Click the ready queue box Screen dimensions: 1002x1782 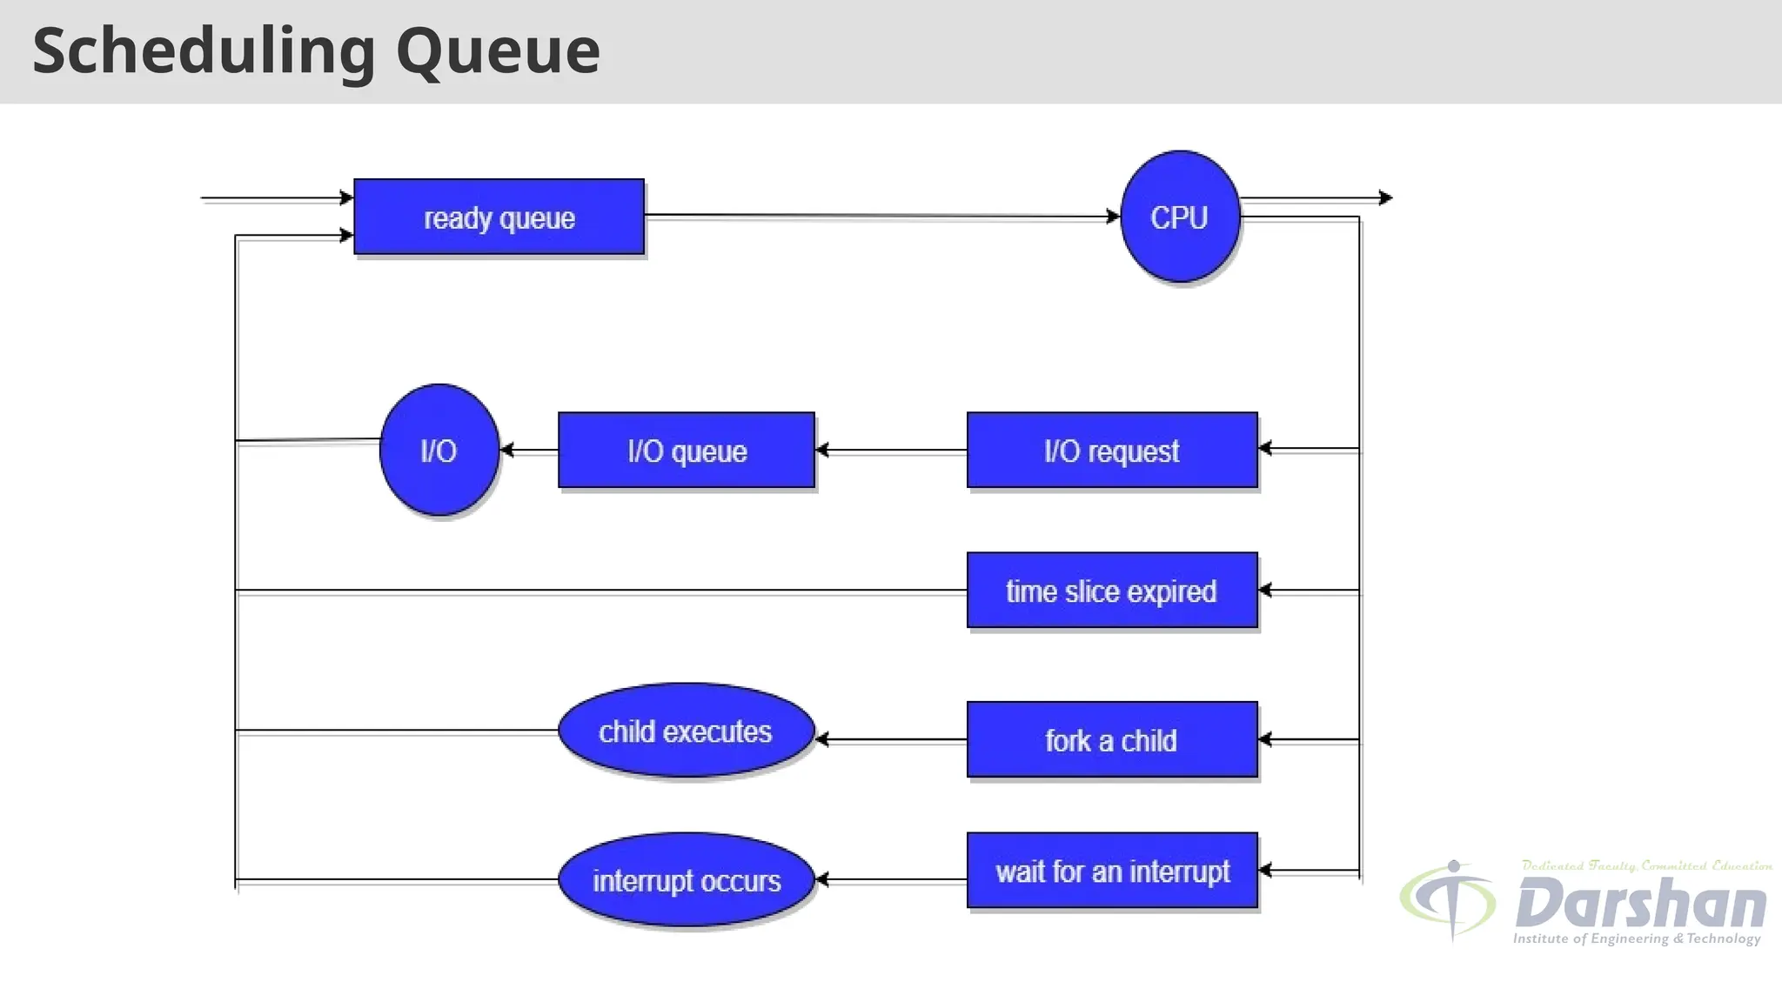(499, 217)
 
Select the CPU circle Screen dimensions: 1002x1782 (1180, 217)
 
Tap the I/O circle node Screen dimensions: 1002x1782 (439, 450)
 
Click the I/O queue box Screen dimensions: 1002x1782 (687, 451)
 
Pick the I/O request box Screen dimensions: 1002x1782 (1112, 451)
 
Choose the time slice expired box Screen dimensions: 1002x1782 (1112, 591)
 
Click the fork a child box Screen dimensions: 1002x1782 (1112, 740)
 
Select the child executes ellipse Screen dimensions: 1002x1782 (686, 731)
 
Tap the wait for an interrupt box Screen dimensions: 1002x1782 (1112, 871)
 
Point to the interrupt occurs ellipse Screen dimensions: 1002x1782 (686, 880)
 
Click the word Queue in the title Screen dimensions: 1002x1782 (498, 50)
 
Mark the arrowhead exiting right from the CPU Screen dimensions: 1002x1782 (1386, 198)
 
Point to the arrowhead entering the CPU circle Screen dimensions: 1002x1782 (1113, 217)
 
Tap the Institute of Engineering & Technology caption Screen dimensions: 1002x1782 (1636, 939)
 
